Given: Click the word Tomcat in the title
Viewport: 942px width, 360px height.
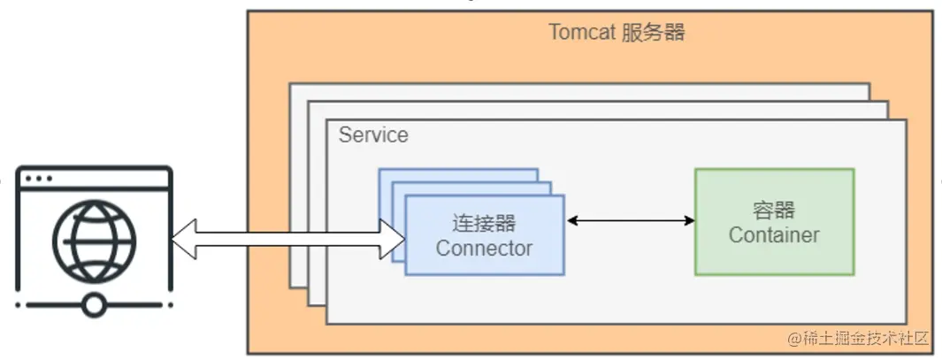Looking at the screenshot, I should point(580,33).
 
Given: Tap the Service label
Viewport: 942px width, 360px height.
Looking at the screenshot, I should point(373,135).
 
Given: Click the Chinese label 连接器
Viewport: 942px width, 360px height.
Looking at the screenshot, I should point(484,222).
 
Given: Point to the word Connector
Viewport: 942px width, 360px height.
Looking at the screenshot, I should point(484,249).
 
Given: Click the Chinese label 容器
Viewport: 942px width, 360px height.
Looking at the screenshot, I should point(773,210).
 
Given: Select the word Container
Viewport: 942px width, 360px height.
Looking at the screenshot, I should point(773,235).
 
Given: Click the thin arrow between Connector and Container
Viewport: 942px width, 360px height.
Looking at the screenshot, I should point(630,220).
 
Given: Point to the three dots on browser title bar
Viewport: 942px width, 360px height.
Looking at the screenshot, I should point(38,178).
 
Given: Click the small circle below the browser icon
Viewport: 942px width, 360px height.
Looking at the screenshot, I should point(94,305).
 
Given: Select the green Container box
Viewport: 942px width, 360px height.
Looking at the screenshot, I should point(774,257).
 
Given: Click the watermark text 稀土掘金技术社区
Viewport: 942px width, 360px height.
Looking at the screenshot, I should point(862,339).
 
